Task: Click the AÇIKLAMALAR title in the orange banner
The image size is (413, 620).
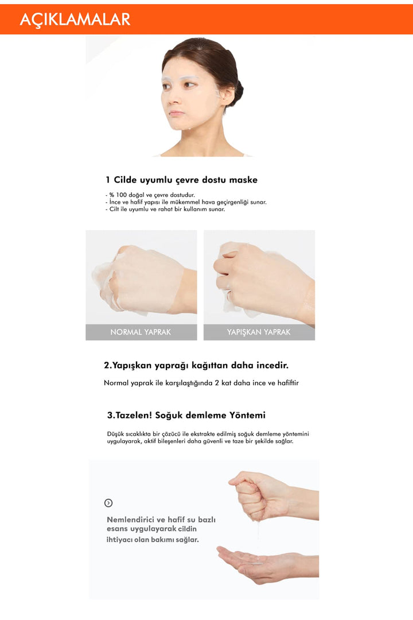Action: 75,20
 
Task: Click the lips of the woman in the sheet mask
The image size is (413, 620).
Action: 176,114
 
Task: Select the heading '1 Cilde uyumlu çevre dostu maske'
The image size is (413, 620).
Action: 181,180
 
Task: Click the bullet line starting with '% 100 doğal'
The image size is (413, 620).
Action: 150,195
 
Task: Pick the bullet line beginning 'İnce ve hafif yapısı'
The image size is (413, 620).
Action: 186,202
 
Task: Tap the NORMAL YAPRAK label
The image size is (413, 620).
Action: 141,332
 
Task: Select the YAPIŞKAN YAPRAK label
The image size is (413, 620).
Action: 259,332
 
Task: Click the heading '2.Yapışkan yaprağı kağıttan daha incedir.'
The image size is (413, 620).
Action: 196,365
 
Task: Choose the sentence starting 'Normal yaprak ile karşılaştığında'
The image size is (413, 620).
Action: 201,382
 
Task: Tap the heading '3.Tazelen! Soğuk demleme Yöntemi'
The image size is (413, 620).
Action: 186,415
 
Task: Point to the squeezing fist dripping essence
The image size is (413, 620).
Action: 258,494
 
